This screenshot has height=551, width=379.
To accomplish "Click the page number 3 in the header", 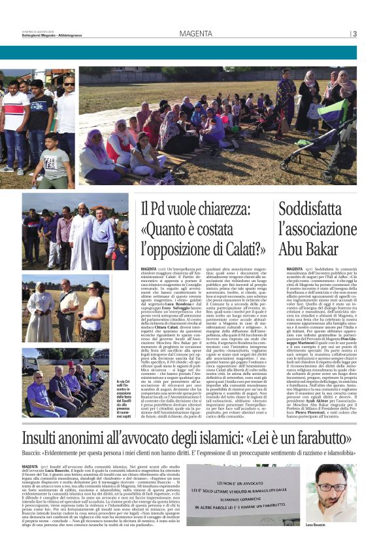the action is (x=354, y=34).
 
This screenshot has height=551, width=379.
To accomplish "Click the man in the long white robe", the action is (x=81, y=236).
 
